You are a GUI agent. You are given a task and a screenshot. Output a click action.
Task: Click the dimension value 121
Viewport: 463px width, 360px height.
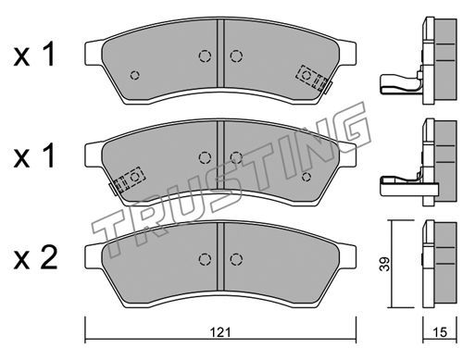coord(220,332)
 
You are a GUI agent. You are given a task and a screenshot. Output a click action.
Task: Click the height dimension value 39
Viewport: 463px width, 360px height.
coord(385,264)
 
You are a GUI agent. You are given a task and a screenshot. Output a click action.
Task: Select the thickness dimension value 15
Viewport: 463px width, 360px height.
coord(440,332)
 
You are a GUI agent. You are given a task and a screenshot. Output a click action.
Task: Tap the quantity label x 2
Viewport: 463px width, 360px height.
coord(35,258)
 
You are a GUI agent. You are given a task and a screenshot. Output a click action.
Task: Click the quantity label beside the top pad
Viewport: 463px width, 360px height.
coord(34,55)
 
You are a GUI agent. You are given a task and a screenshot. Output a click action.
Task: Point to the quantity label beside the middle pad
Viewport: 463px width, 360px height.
coord(34,156)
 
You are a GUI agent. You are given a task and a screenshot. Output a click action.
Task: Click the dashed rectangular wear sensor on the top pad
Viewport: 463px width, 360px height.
coord(311,78)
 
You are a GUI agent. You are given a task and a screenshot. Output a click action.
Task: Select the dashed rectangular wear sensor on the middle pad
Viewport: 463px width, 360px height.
coord(130,180)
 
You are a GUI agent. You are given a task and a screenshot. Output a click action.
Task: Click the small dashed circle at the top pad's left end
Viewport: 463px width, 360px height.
coord(135,75)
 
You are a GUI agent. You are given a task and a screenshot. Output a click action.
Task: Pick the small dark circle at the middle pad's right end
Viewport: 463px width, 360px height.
coord(307,177)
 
